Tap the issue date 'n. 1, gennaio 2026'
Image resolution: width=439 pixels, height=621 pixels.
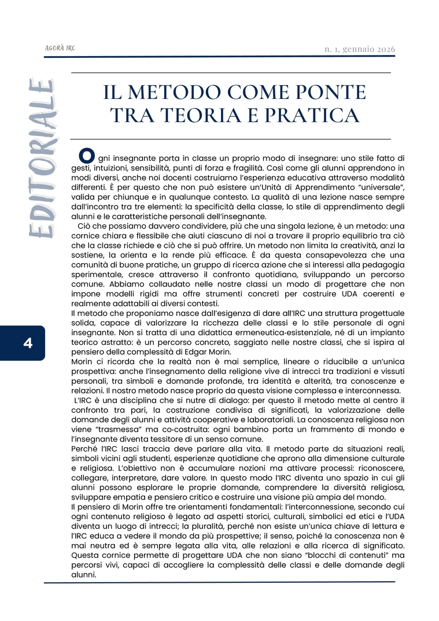(x=360, y=49)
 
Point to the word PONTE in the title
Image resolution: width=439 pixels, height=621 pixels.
(x=331, y=93)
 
